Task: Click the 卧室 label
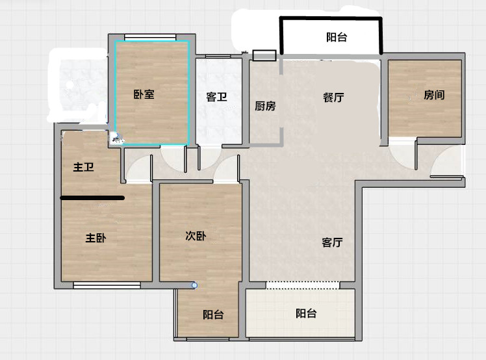[x=144, y=94]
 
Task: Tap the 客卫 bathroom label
[x=216, y=97]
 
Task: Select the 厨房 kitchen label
[x=265, y=106]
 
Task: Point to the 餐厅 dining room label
[x=333, y=97]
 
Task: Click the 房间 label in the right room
[x=434, y=95]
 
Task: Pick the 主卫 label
[x=83, y=167]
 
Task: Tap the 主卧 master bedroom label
[x=96, y=238]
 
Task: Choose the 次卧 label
[x=196, y=236]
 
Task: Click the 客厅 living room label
[x=332, y=242]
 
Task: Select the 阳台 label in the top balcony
[x=337, y=37]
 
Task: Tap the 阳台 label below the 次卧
[x=213, y=315]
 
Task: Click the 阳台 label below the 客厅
[x=306, y=313]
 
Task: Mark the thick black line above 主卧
[x=92, y=198]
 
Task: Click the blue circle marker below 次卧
[x=194, y=285]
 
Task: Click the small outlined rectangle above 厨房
[x=264, y=55]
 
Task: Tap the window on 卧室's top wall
[x=150, y=37]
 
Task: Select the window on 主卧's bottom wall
[x=107, y=285]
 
